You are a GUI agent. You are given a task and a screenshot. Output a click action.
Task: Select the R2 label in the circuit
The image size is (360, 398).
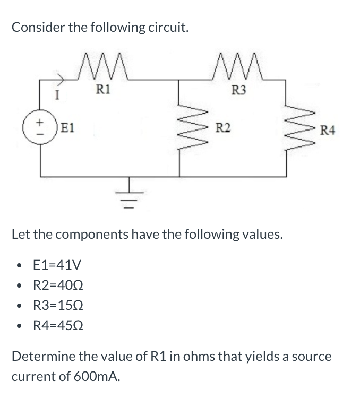click(x=223, y=127)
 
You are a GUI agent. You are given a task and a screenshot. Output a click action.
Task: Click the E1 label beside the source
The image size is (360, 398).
click(x=68, y=127)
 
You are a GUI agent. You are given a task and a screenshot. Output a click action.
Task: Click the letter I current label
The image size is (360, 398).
click(x=57, y=94)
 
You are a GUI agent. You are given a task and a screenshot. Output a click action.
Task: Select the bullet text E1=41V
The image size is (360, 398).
click(x=57, y=264)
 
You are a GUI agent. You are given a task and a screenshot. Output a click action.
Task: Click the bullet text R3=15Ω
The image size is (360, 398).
click(x=58, y=305)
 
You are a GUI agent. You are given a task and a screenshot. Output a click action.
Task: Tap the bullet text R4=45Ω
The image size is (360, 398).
click(x=58, y=325)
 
